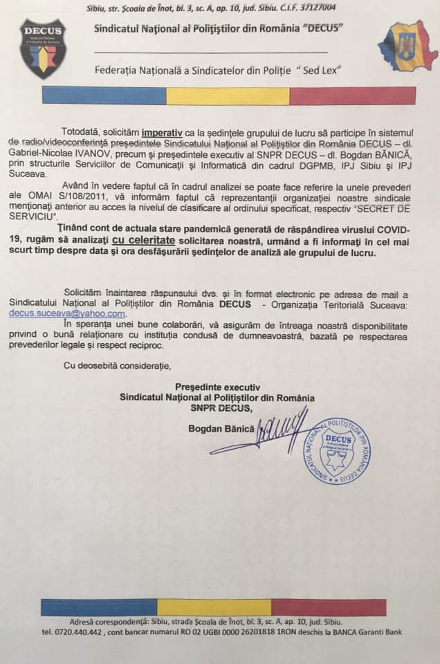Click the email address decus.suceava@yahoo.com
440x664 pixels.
click(x=67, y=313)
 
